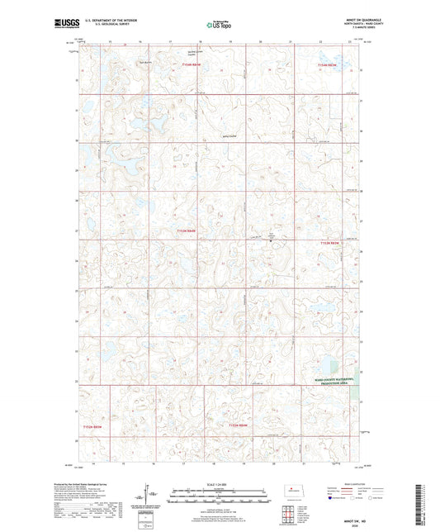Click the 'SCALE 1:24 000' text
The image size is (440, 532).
[x=219, y=484]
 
